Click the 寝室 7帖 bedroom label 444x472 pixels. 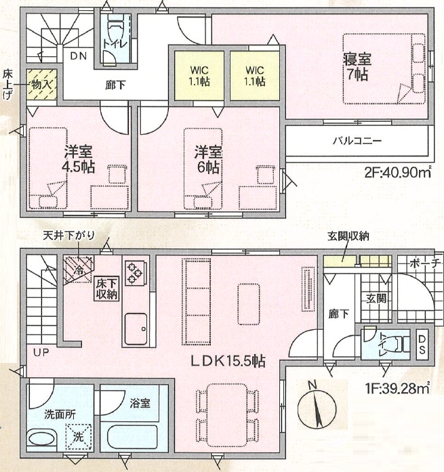tap(357, 67)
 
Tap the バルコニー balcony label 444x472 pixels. tap(357, 141)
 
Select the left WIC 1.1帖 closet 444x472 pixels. tap(199, 75)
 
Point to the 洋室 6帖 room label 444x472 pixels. tap(208, 160)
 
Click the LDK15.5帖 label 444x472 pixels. tap(228, 361)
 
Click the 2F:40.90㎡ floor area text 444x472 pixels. tap(398, 173)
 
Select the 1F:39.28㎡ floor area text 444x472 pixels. tap(398, 389)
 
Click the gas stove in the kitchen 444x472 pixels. tap(135, 274)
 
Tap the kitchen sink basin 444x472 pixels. tap(136, 328)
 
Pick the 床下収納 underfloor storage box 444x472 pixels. tap(106, 288)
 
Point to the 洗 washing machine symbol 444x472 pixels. tap(79, 436)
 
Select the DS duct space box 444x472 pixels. tap(422, 344)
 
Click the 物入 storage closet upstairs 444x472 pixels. tap(41, 85)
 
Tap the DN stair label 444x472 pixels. tap(79, 56)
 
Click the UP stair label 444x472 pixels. tap(41, 352)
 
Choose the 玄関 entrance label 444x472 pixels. tap(376, 299)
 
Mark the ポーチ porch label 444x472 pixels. tap(424, 263)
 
